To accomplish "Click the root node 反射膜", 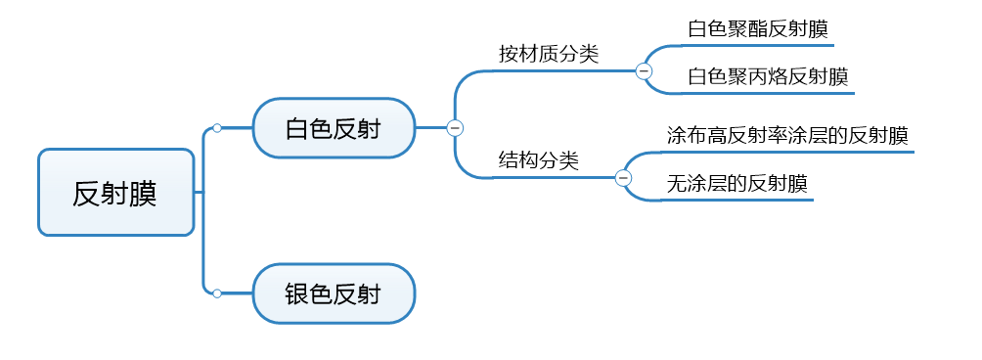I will tap(115, 193).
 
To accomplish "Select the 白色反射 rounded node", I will tap(334, 127).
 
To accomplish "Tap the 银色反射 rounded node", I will tap(334, 293).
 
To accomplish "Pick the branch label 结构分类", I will tap(538, 160).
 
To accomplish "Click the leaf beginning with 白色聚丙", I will tap(768, 76).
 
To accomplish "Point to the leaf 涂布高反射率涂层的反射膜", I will tap(787, 134).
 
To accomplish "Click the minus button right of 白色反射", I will tap(455, 127).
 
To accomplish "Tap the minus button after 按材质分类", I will tap(644, 70).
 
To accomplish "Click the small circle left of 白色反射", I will tap(217, 127).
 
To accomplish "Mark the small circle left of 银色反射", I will tap(217, 293).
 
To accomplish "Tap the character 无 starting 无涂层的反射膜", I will tap(676, 183).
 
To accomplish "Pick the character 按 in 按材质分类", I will tap(508, 55).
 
